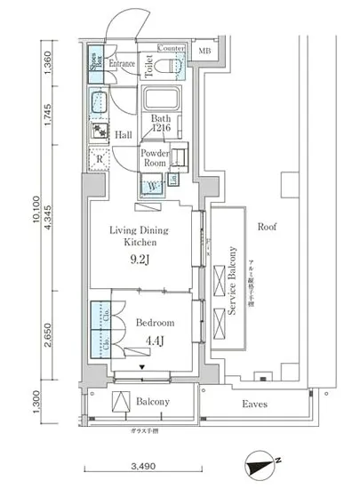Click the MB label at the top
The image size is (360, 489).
[204, 52]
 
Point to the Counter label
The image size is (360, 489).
[171, 47]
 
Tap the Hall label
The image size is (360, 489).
[124, 135]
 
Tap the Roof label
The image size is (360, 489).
[267, 227]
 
